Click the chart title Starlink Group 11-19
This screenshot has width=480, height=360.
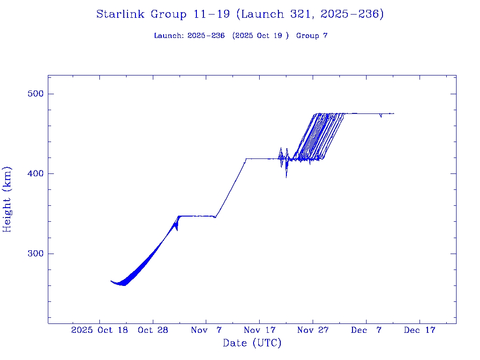click(x=240, y=15)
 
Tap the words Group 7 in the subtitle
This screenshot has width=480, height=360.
click(x=312, y=36)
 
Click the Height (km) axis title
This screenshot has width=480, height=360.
click(x=7, y=199)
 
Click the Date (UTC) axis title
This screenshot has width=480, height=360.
click(x=252, y=343)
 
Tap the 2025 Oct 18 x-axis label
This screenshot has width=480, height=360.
click(x=99, y=330)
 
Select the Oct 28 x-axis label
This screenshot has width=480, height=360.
click(x=153, y=330)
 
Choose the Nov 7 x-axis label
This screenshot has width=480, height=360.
click(x=206, y=330)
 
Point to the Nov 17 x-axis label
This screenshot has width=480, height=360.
click(x=260, y=330)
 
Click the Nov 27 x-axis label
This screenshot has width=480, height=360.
click(x=313, y=330)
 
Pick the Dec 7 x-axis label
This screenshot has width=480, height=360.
click(x=366, y=330)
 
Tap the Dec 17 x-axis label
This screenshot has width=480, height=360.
click(x=420, y=330)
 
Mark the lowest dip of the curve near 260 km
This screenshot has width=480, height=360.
click(x=124, y=285)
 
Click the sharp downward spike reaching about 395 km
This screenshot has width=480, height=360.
click(x=286, y=177)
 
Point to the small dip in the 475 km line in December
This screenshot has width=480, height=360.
click(x=381, y=116)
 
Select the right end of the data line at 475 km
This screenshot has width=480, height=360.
click(x=393, y=113)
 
